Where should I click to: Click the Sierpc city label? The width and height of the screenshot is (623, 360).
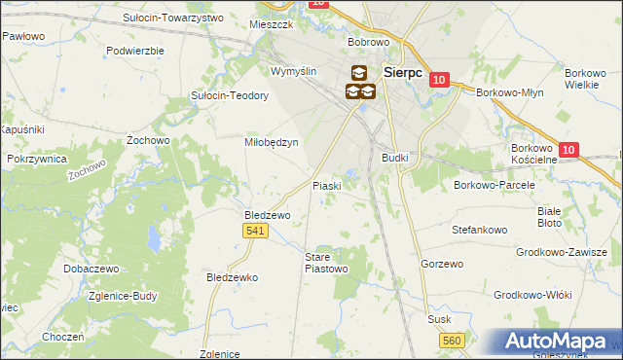pyautogui.click(x=402, y=71)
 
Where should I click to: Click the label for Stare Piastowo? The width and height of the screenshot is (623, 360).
pyautogui.click(x=325, y=262)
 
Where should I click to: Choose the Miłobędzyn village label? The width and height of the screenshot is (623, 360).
pyautogui.click(x=270, y=141)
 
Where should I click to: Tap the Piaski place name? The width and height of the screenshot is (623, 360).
pyautogui.click(x=325, y=185)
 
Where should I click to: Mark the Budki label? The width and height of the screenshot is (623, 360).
pyautogui.click(x=395, y=157)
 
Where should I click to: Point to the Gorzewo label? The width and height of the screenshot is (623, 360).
pyautogui.click(x=439, y=264)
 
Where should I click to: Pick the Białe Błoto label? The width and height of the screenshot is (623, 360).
pyautogui.click(x=550, y=216)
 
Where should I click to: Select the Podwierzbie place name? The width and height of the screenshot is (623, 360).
pyautogui.click(x=135, y=50)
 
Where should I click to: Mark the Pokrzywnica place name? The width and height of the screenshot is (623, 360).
pyautogui.click(x=36, y=158)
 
